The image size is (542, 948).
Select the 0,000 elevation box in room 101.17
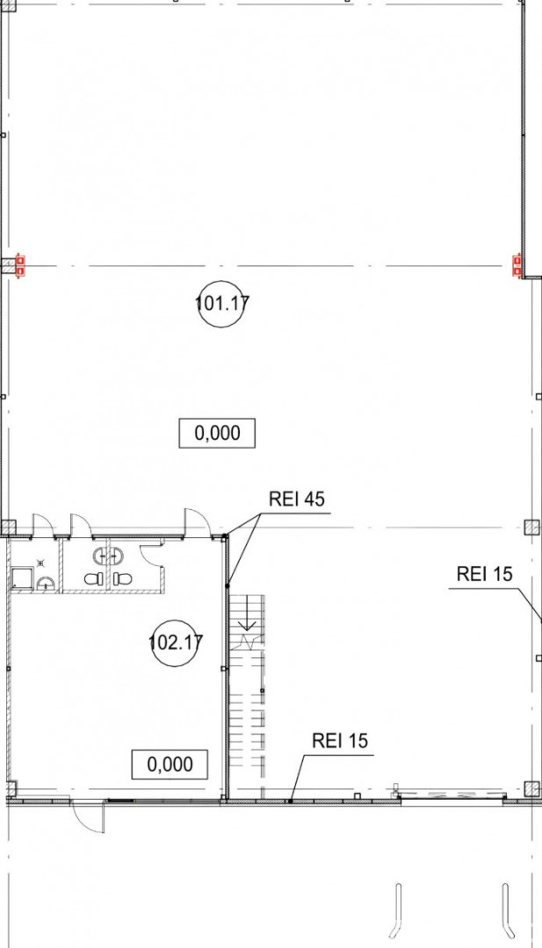pos(217,433)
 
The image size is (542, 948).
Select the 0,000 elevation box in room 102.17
pos(170,765)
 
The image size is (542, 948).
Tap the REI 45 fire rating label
pos(297,499)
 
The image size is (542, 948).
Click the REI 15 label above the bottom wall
pos(340,741)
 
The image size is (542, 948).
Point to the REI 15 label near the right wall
pos(485,573)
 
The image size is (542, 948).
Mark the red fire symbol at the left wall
pos(20,266)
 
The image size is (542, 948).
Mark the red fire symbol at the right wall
pos(517,266)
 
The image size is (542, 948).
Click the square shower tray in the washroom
pos(23,578)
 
